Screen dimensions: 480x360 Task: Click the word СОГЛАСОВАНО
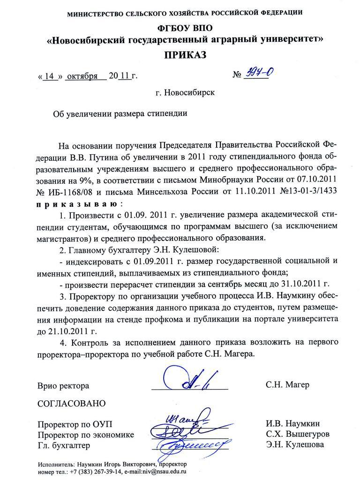tap(72, 404)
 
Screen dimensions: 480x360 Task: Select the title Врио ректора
tap(63, 386)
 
